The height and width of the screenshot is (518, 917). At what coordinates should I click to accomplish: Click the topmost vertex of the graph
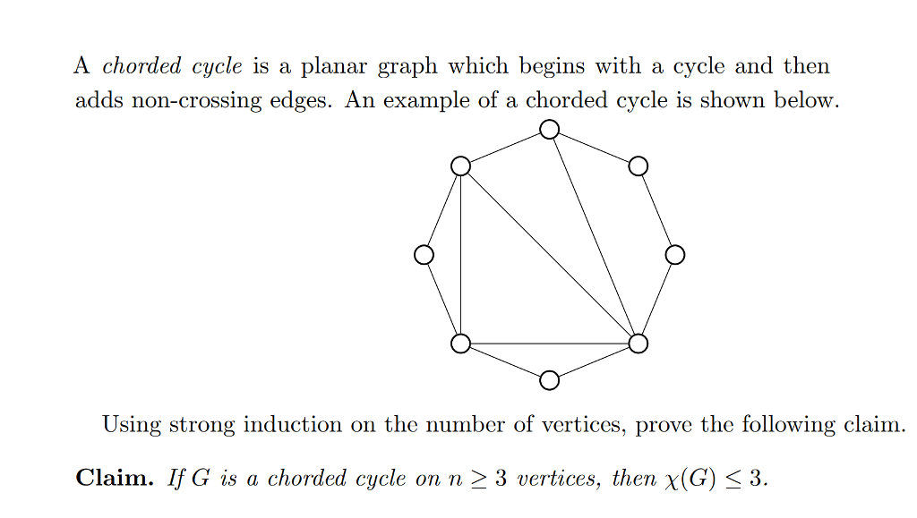click(x=550, y=130)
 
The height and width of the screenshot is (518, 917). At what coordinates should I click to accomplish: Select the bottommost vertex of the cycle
click(x=550, y=380)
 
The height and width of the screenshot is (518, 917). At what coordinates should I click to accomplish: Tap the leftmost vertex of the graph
click(x=424, y=255)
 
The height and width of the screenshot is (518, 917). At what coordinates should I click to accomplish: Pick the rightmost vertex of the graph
click(x=675, y=255)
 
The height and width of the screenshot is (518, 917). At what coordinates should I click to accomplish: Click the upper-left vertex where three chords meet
click(x=460, y=166)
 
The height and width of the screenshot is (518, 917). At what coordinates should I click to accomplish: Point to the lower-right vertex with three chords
click(x=638, y=344)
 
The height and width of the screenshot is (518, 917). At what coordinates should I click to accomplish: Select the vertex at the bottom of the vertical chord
click(x=460, y=344)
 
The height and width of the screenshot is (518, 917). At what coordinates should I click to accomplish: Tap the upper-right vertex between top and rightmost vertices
click(x=638, y=166)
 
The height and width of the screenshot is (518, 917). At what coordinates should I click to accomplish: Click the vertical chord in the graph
click(x=460, y=255)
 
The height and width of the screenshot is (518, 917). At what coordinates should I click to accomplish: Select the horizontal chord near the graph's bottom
click(x=549, y=344)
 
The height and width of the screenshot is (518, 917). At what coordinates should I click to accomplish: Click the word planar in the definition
click(x=332, y=67)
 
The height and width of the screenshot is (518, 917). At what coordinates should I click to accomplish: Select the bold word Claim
click(x=114, y=478)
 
